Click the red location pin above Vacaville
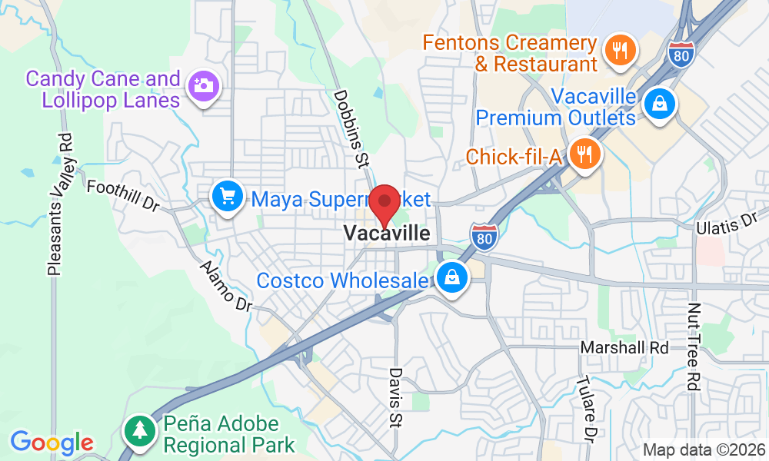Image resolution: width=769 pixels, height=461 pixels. click(x=384, y=202)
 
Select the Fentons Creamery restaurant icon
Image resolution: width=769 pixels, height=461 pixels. click(x=618, y=51)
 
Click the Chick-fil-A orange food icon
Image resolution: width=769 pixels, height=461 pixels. click(x=586, y=154)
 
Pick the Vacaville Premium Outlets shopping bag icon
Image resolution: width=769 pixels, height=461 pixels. click(x=659, y=105)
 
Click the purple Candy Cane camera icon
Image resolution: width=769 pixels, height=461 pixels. click(x=204, y=85)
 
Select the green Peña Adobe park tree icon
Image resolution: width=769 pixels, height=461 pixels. click(x=140, y=429)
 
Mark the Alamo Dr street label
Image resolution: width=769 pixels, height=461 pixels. click(x=226, y=286)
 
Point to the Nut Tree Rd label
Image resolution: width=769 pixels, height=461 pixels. click(x=694, y=347)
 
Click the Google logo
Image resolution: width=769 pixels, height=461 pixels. click(x=52, y=443)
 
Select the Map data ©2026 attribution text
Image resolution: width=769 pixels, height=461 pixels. click(x=704, y=449)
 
